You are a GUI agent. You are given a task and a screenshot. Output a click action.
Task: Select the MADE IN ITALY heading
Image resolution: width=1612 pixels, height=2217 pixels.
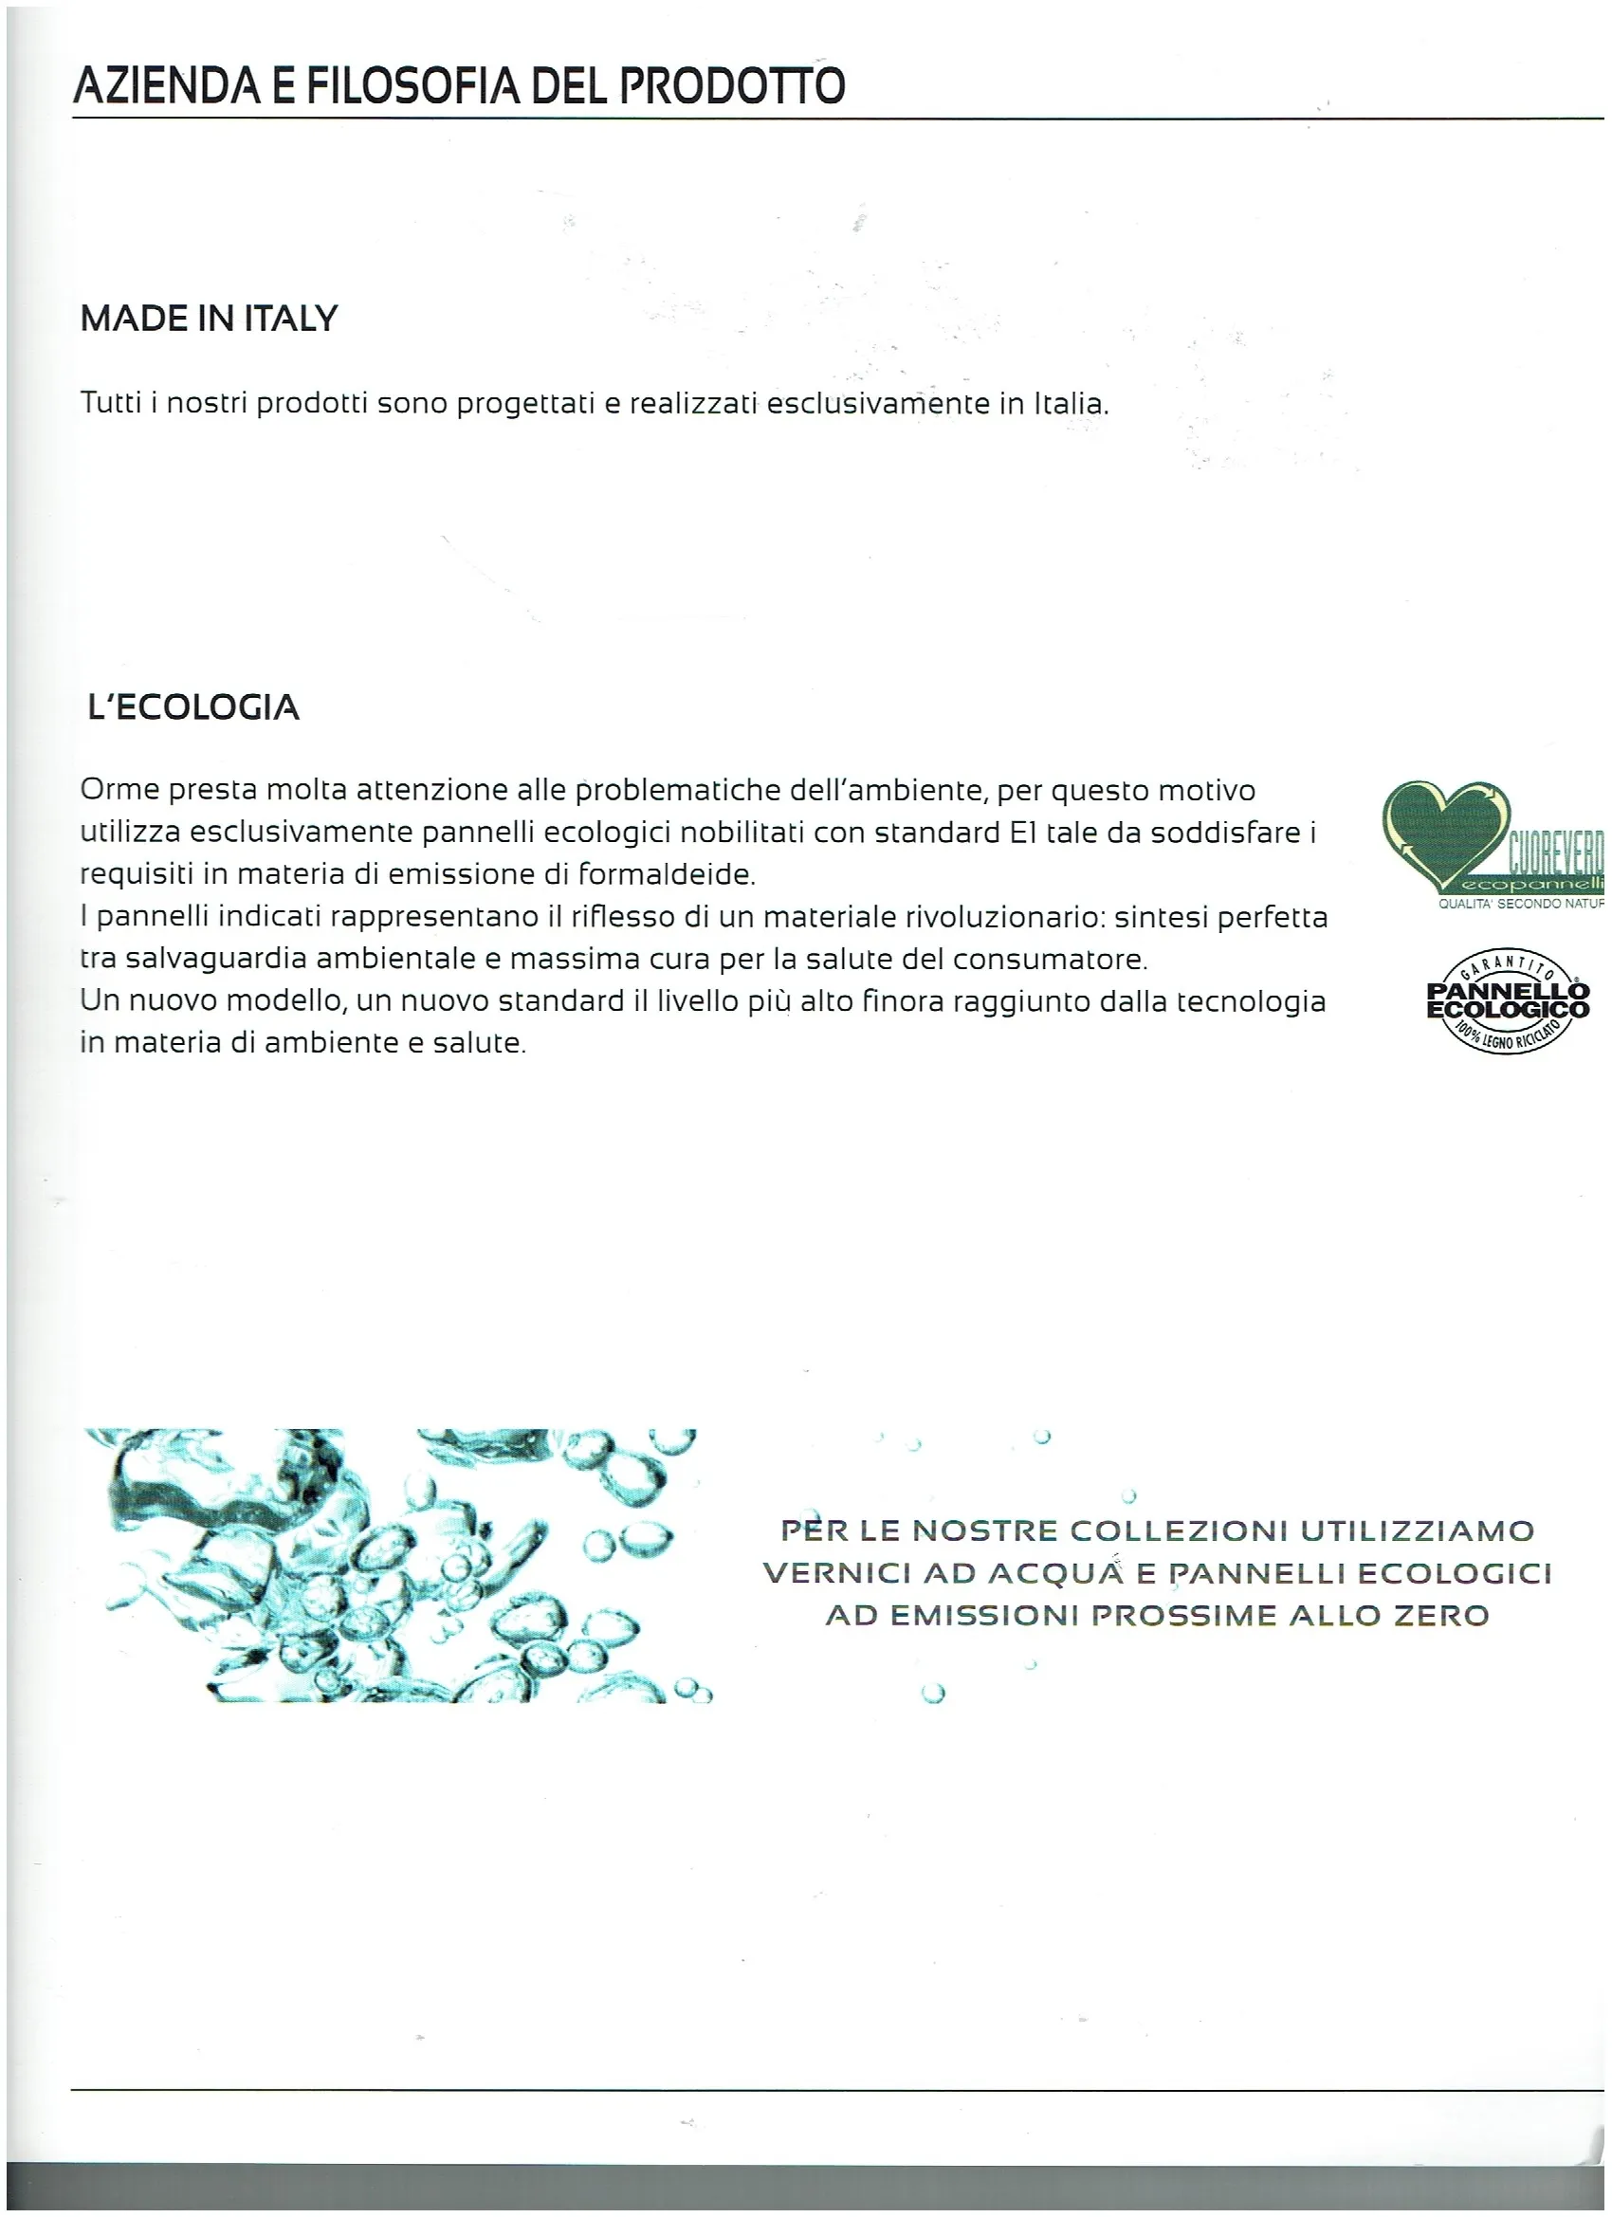click(209, 319)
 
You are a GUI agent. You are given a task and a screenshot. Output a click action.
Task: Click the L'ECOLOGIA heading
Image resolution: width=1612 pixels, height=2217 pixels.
click(193, 706)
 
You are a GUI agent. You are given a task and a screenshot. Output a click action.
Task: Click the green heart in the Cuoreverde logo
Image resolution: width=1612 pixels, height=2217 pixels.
click(1444, 830)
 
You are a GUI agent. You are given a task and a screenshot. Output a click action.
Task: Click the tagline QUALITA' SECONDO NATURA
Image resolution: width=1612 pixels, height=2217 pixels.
click(1520, 905)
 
